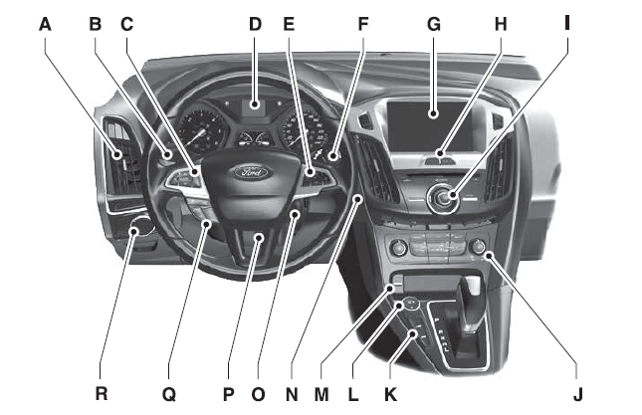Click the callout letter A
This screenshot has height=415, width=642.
click(45, 21)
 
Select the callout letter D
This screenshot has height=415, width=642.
click(255, 21)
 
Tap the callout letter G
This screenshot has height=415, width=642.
click(434, 21)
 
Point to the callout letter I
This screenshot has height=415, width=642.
click(566, 21)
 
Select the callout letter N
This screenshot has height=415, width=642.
click(291, 394)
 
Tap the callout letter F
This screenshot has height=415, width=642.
click(362, 21)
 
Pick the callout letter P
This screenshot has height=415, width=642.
click(230, 394)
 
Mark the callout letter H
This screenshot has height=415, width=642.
click(499, 21)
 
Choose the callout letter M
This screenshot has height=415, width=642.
click(321, 394)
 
